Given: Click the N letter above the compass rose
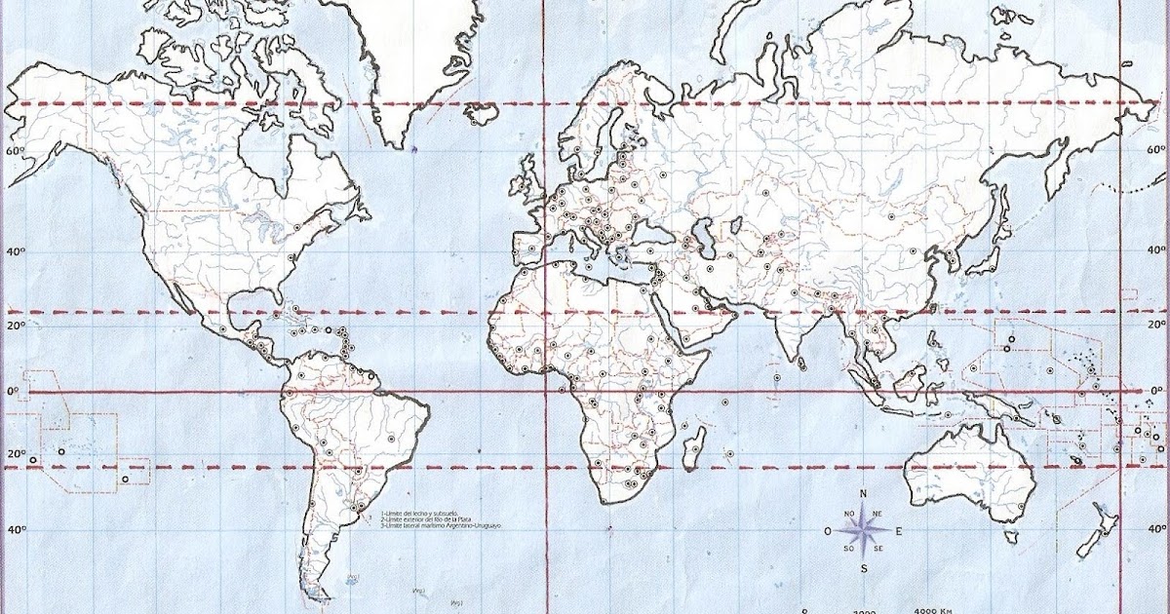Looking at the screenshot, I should click(863, 494).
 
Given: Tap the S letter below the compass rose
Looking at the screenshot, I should click(864, 568).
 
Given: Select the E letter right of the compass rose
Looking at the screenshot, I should click(898, 531).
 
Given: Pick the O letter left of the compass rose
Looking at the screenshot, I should click(828, 531).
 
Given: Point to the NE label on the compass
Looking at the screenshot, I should click(877, 514).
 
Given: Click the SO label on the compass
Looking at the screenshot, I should click(849, 549).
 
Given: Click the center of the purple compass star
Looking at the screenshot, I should click(863, 531).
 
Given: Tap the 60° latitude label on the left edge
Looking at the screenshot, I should click(14, 151).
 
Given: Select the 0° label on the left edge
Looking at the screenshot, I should click(14, 392).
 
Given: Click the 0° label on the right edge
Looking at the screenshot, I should click(1156, 391).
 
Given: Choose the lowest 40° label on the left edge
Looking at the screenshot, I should click(14, 530).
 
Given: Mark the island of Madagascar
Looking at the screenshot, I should click(695, 452).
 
